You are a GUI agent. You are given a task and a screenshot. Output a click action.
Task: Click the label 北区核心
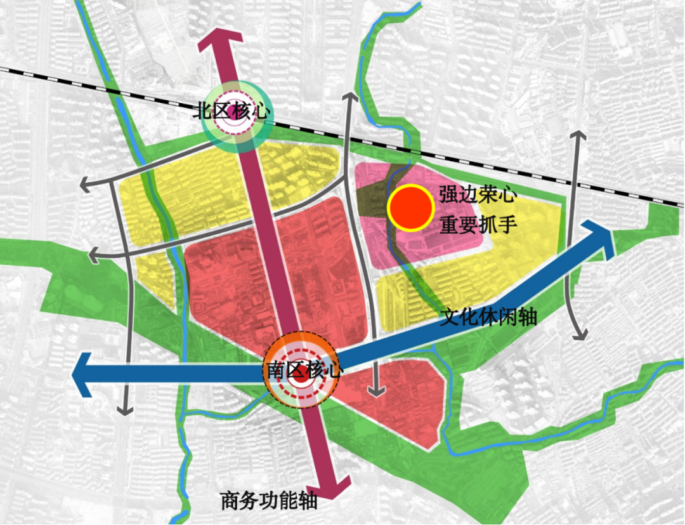coord(233,111)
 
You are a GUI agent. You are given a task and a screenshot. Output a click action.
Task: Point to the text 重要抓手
coord(475,225)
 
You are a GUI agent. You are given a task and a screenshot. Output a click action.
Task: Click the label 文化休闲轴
coord(488,316)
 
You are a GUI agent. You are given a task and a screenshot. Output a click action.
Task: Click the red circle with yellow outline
coord(410,207)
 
